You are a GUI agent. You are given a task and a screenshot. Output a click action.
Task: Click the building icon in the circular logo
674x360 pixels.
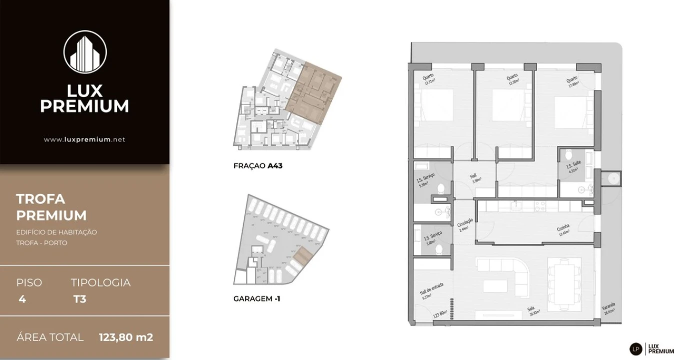click(x=85, y=52)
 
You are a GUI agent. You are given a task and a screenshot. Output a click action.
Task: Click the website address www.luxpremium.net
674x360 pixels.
click(x=84, y=139)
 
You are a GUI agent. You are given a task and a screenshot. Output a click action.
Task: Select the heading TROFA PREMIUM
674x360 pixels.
click(x=51, y=207)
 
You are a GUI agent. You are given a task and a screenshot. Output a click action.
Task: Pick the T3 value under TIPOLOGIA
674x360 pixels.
click(x=79, y=299)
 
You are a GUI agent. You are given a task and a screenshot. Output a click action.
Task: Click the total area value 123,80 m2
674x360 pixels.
click(x=126, y=337)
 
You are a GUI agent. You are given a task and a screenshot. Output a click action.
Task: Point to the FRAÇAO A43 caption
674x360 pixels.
click(x=258, y=165)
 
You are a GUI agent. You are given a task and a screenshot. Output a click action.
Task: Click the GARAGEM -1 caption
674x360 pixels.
click(x=257, y=299)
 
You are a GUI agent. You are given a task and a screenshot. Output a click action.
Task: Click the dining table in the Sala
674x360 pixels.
click(x=564, y=284)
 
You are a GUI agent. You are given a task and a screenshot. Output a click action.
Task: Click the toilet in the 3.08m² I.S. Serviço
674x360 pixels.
click(x=439, y=248)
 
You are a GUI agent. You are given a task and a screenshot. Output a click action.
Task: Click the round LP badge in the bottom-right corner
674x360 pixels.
click(x=636, y=348)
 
